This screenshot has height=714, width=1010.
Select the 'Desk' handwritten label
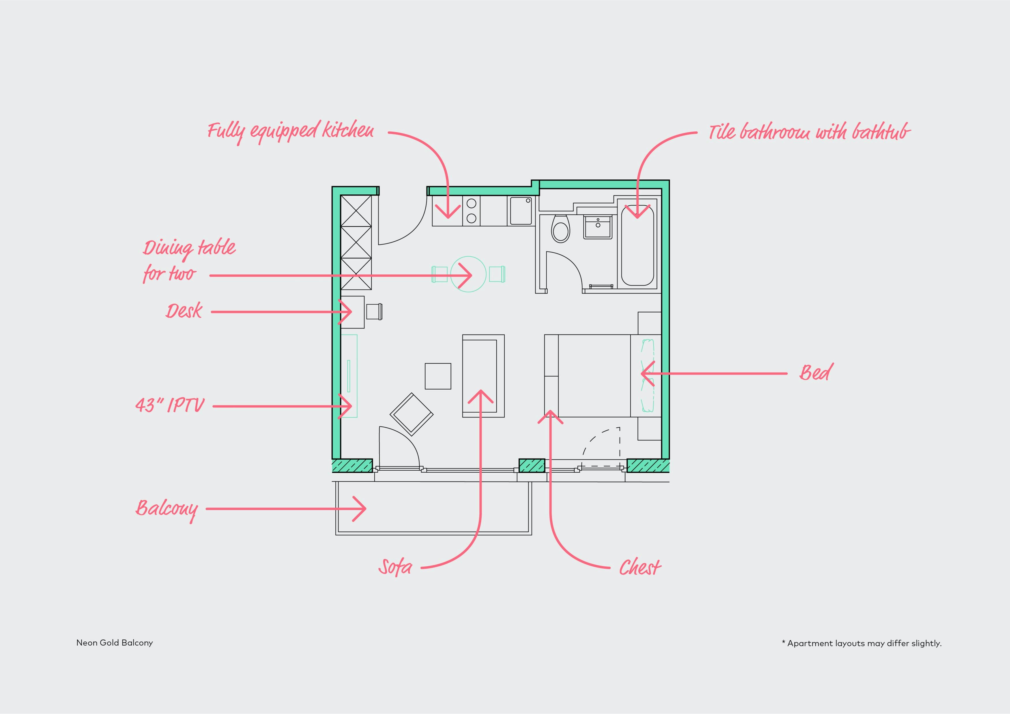pos(184,311)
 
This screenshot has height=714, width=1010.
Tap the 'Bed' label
pos(816,373)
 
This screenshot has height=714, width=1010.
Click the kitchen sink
pos(521,211)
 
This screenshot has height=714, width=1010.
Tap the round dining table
pos(468,274)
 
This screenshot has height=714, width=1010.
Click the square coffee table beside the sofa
pos(438,376)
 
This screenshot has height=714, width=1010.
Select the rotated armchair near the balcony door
pos(411,414)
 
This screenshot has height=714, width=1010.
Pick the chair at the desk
pos(374,311)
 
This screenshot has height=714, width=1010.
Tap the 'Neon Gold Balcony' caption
pos(114,643)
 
